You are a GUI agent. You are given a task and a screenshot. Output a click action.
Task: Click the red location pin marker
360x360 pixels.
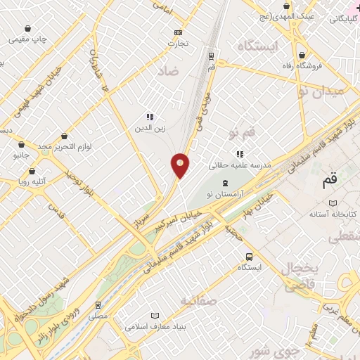[x=181, y=166]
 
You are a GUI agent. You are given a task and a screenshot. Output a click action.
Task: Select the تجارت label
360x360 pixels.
[x=178, y=43]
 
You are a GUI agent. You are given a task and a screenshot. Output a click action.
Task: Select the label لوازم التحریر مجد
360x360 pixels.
[x=65, y=146]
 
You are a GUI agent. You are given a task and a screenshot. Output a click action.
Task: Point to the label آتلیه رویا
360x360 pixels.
[x=32, y=180]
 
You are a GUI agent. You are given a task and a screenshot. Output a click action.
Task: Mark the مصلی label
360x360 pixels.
[x=98, y=316]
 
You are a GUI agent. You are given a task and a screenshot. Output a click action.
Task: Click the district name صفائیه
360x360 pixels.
[x=196, y=301]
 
